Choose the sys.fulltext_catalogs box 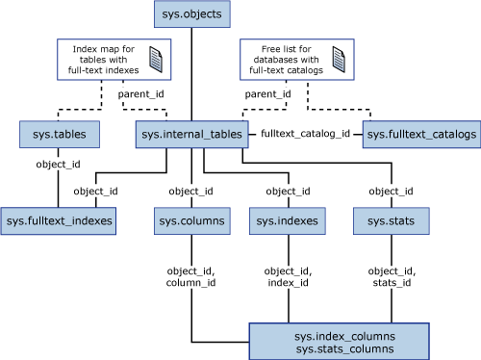pos(420,135)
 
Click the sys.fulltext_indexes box pos(59,221)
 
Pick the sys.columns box pos(190,221)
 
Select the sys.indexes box pos(286,221)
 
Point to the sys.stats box pos(384,221)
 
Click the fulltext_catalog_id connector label pos(307,135)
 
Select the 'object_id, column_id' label pos(190,278)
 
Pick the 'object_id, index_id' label pos(286,278)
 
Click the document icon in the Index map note pos(154,60)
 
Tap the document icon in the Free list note pos(338,60)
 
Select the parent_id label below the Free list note pos(267,95)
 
